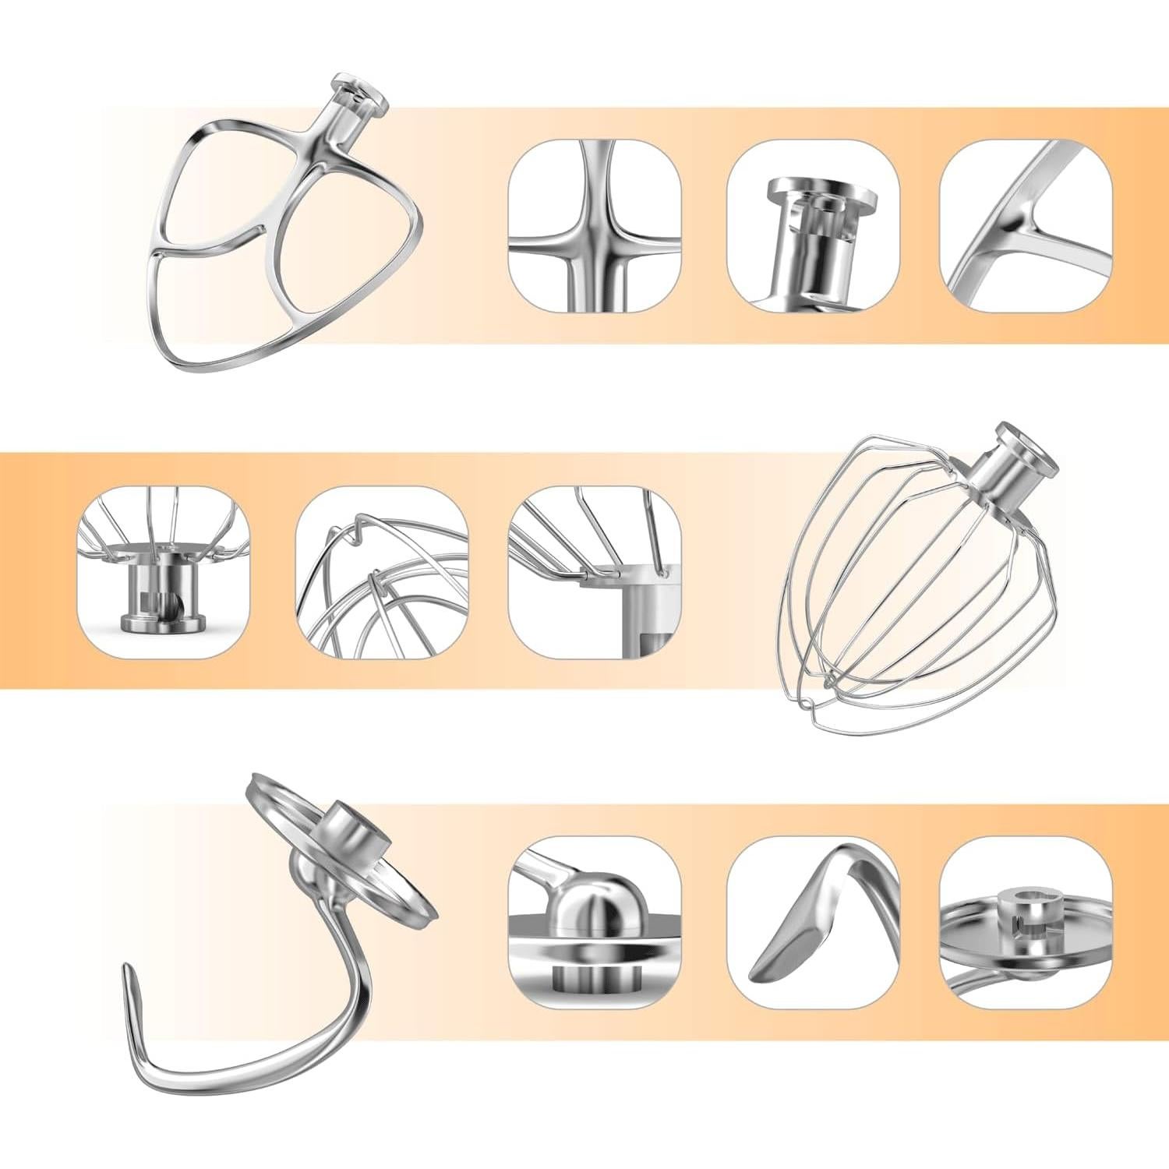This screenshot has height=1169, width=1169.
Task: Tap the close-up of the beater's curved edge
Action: point(1026,226)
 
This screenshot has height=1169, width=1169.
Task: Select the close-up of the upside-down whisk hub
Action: point(164,573)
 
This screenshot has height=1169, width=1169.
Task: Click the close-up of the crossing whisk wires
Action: point(382,573)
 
